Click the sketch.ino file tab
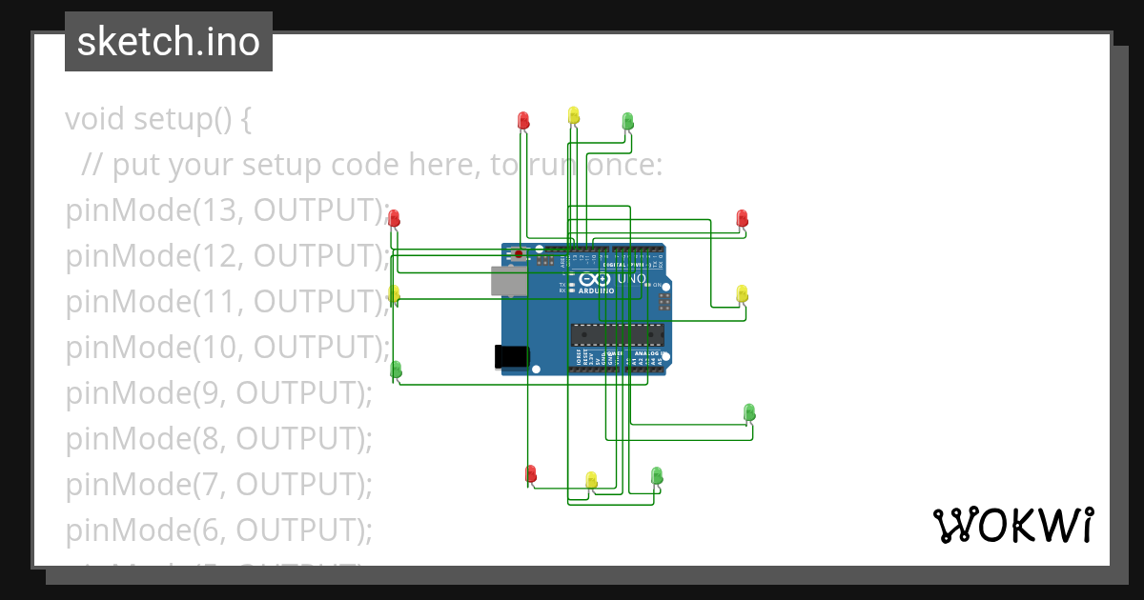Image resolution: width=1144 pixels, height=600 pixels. coord(168,42)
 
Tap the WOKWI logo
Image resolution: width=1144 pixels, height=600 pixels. coord(1012,525)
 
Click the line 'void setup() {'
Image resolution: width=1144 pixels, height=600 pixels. coord(158,119)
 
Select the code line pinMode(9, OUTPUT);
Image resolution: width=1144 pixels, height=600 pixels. coord(218,392)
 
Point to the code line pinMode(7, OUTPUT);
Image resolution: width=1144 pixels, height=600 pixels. coord(218,484)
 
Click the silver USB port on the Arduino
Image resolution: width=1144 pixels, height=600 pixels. coord(509,281)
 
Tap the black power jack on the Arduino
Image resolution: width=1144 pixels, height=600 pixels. coord(511,356)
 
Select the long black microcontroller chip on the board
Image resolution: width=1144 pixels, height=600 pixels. coord(617,334)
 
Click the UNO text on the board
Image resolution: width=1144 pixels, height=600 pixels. coord(632,279)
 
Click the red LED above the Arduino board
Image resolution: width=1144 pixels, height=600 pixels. coord(523,120)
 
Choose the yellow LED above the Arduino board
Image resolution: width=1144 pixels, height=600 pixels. coord(573,114)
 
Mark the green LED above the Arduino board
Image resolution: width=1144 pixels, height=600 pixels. coord(627,120)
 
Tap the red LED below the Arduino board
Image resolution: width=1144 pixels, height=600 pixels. coord(531,472)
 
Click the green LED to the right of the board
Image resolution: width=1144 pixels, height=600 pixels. coord(749,411)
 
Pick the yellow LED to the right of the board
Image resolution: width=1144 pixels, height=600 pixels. coord(743,292)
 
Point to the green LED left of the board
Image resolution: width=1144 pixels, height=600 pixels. coord(396,369)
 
